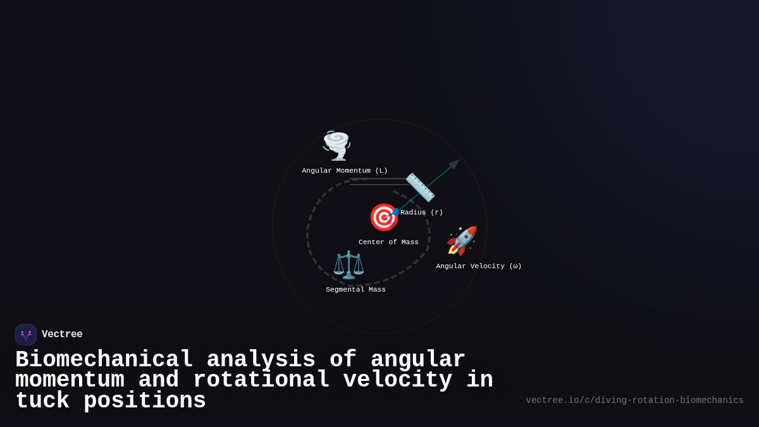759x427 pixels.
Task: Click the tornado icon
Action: coord(336,145)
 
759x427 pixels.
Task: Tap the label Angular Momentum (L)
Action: coord(345,171)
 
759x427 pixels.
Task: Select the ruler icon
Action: coord(420,187)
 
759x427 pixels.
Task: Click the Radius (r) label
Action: coord(421,213)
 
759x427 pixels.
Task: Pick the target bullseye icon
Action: coord(383,218)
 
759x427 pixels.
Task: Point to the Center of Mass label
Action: coord(388,242)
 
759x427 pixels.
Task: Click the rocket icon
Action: coord(462,241)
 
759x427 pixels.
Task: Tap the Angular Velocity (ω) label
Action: coord(479,266)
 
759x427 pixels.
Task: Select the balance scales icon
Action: coord(349,264)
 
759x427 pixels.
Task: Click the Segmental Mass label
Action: coord(355,290)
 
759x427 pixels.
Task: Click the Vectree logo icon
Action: coord(26,335)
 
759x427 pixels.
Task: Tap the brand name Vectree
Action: coord(62,335)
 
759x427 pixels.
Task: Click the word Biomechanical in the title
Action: coord(104,360)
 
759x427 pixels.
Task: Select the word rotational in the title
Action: coord(261,380)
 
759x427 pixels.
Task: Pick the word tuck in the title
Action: coord(42,401)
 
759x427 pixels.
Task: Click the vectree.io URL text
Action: coord(634,400)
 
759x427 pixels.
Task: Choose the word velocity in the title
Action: coord(398,380)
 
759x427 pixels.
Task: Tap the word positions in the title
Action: coord(145,401)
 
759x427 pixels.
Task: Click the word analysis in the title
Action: coord(261,360)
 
